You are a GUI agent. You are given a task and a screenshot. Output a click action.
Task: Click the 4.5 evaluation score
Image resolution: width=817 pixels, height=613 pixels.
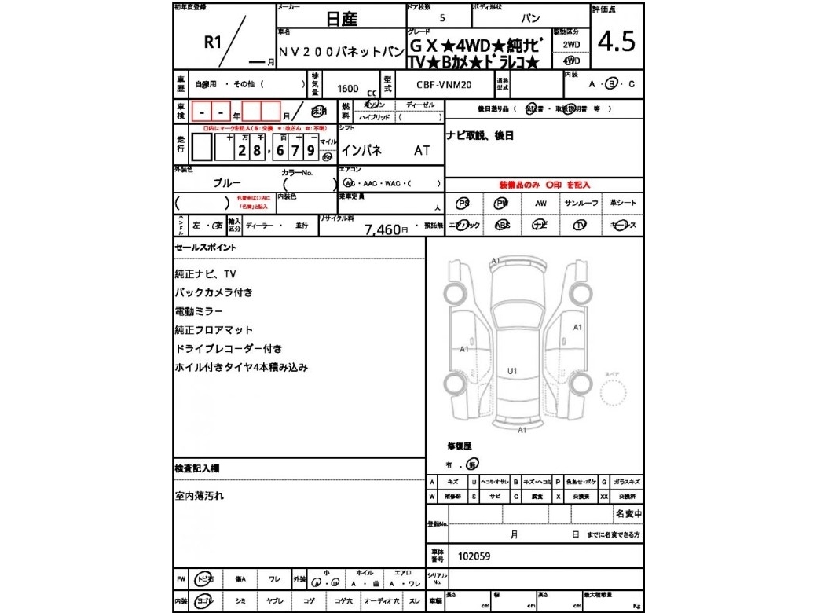(617, 42)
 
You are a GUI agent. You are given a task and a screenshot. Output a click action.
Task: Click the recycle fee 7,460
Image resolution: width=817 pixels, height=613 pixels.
(382, 229)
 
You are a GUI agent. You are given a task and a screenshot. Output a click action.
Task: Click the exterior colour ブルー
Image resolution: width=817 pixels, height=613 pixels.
(227, 182)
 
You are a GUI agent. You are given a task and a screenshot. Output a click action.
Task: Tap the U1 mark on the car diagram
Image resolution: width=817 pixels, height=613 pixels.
(512, 369)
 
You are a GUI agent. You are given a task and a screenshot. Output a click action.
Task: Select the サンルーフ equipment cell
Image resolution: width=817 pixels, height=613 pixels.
(581, 203)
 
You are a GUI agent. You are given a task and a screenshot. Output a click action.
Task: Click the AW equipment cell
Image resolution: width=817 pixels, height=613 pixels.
(540, 203)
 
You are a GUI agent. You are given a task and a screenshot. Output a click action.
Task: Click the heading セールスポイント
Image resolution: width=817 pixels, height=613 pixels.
(205, 248)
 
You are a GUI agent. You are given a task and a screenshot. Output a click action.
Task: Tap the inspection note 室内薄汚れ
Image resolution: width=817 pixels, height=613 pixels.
(199, 496)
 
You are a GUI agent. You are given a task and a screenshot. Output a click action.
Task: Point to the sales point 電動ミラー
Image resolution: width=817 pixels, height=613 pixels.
(199, 311)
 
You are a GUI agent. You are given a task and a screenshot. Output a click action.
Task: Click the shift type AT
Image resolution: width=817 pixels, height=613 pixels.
(422, 150)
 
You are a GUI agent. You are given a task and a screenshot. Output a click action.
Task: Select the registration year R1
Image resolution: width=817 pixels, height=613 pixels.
(212, 42)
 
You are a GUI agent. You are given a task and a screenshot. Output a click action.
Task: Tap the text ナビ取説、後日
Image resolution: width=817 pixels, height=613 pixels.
(480, 135)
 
